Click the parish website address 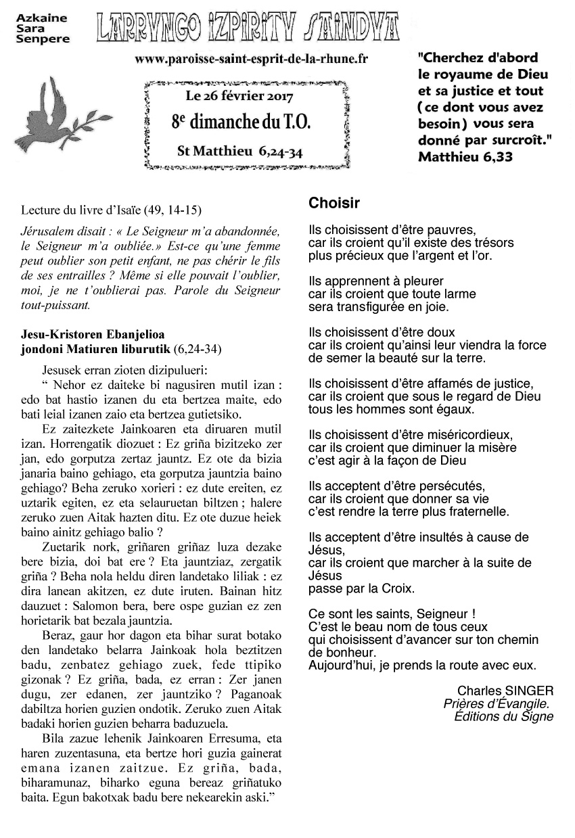(x=251, y=60)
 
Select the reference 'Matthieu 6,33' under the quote (x=465, y=157)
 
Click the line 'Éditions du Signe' (x=503, y=716)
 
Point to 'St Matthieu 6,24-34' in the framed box (x=239, y=150)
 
